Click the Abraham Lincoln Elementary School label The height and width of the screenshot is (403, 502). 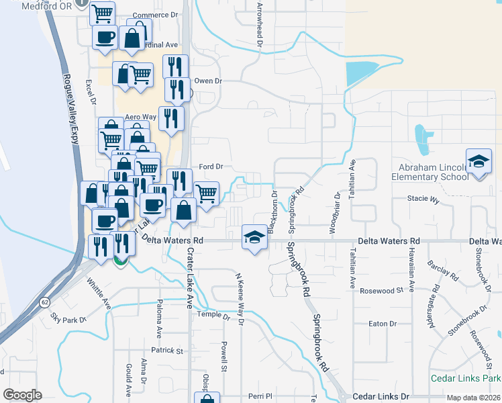[432, 172]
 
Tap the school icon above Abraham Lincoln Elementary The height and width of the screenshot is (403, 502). [479, 162]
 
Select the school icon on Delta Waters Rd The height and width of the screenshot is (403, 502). [254, 237]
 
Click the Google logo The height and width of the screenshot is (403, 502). [22, 395]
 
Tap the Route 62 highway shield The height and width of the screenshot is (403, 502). [44, 303]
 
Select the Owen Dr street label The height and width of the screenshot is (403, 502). [208, 81]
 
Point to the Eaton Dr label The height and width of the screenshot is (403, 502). [383, 324]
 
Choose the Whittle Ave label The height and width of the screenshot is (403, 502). [99, 295]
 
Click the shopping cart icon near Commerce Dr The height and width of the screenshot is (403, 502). [102, 13]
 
